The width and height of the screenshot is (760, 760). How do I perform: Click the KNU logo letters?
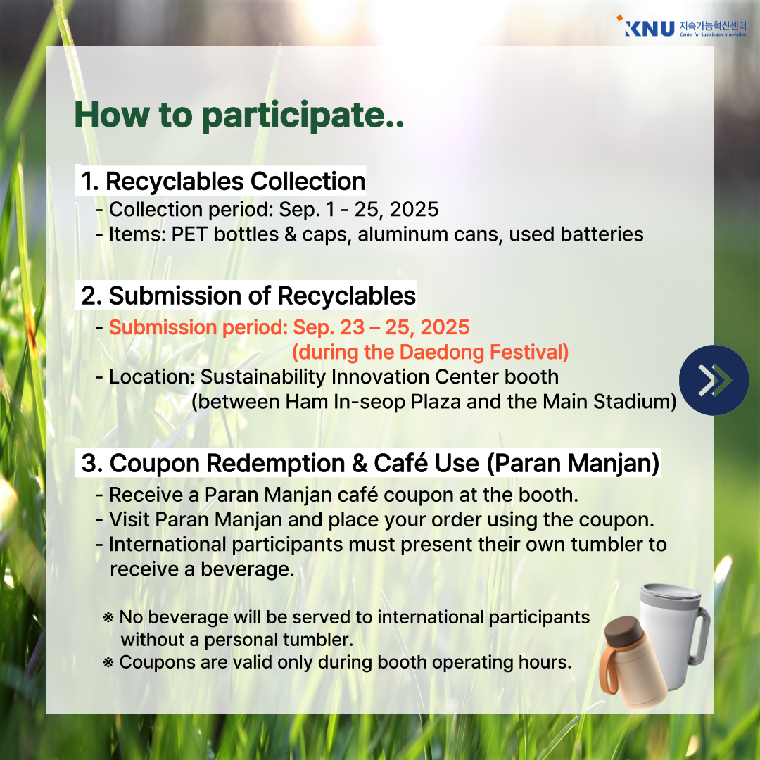point(649,28)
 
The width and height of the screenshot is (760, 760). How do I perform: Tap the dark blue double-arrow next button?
point(714,380)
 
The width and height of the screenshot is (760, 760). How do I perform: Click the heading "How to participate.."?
point(239,115)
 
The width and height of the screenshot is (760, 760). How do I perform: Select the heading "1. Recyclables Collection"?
point(223,182)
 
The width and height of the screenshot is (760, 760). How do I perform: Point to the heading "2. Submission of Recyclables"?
point(248,296)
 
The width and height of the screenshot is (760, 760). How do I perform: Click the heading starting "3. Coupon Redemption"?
point(370,463)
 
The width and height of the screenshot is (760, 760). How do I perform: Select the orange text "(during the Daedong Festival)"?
point(431,353)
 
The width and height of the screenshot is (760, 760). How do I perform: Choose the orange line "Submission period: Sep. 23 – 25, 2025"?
point(289,328)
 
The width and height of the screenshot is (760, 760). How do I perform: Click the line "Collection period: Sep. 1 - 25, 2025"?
point(274,210)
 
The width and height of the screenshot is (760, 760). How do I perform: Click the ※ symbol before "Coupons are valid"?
point(108,663)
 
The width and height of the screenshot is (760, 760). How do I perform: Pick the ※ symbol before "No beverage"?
point(108,618)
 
